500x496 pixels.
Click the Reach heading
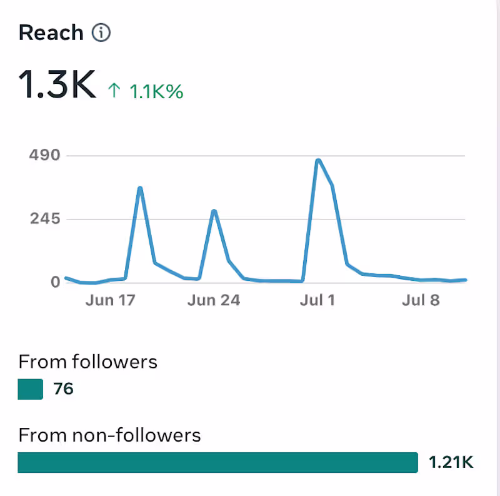(x=51, y=33)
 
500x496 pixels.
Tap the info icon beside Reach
(x=101, y=33)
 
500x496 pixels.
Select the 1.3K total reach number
(x=57, y=84)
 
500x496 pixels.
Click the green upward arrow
(x=114, y=91)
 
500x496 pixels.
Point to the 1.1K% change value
(x=156, y=91)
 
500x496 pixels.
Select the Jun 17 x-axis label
(x=109, y=300)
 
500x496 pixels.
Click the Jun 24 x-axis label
(x=213, y=300)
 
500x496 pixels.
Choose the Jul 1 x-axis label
(x=317, y=300)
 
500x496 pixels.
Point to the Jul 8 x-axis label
(x=421, y=300)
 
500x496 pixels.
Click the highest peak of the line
(x=318, y=161)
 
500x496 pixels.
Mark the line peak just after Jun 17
(x=140, y=188)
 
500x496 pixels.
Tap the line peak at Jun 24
(x=214, y=211)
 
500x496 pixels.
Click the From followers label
(x=87, y=362)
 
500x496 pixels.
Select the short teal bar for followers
(x=31, y=389)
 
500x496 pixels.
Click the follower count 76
(x=63, y=389)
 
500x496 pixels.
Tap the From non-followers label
(x=109, y=435)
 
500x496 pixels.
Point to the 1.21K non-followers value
(x=451, y=463)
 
